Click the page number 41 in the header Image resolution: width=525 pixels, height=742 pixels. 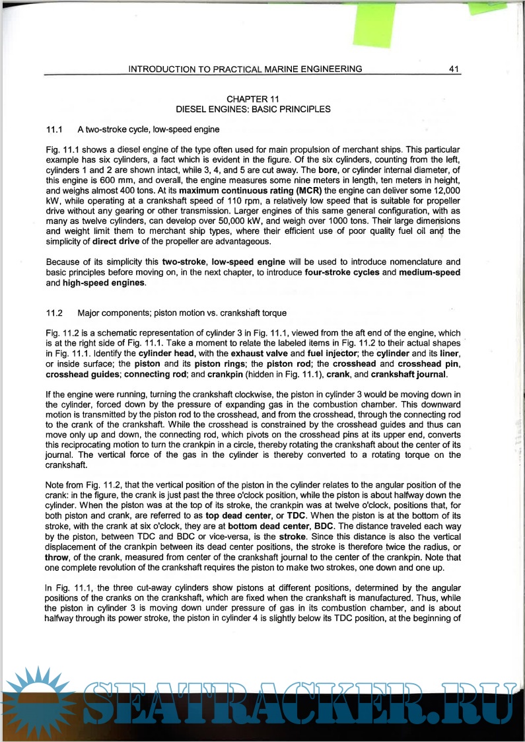(453, 69)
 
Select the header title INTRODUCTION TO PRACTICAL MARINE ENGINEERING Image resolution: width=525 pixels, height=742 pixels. (245, 69)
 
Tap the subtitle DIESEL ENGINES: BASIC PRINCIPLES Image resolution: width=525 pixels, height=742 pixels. (252, 109)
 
